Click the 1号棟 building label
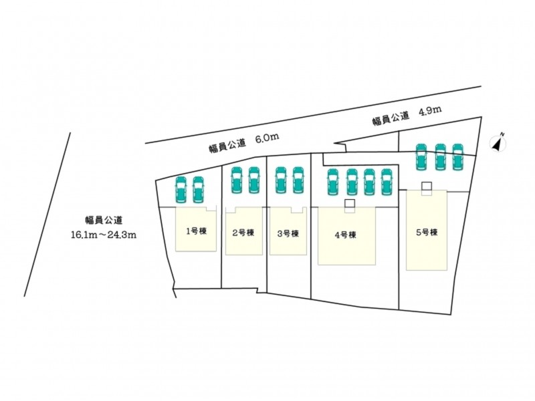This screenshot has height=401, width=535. tap(196, 231)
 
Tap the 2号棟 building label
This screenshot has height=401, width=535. tap(243, 233)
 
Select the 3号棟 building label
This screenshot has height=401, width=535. tap(288, 233)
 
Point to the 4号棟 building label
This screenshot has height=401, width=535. tap(346, 235)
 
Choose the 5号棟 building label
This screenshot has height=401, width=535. tap(427, 233)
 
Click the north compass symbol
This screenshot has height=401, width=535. tap(498, 143)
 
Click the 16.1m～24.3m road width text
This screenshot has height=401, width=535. tap(104, 235)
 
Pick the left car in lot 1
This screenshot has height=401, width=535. tap(181, 190)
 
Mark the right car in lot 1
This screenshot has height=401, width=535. tap(198, 190)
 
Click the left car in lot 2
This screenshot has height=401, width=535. tap(237, 180)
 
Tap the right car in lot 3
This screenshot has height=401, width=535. tap(298, 180)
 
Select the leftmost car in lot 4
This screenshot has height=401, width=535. tap(332, 182)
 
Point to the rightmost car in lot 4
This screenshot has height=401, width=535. tap(387, 182)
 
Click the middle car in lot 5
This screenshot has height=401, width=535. tap(441, 157)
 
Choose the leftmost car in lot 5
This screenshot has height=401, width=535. tap(421, 157)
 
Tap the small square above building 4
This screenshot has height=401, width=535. tap(349, 204)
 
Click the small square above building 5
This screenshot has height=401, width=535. tap(427, 186)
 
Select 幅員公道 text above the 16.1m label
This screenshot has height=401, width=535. tap(104, 221)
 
